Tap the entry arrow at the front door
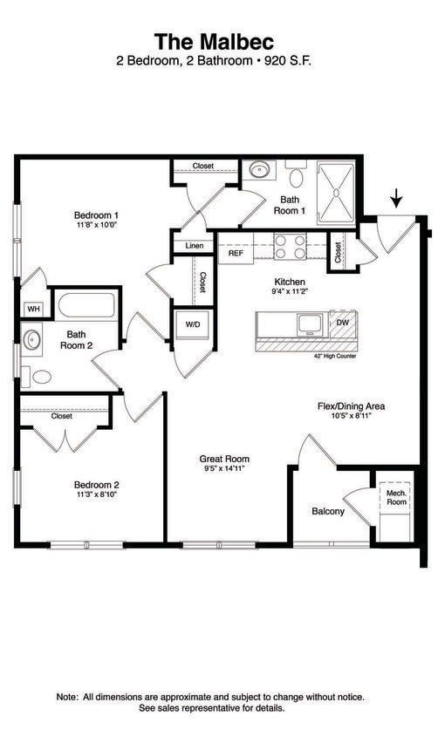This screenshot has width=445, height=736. [397, 200]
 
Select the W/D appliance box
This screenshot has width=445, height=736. [192, 324]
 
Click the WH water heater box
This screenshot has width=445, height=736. [34, 309]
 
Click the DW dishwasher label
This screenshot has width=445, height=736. [343, 323]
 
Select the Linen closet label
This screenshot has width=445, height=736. [195, 246]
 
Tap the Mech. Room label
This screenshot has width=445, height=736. [396, 497]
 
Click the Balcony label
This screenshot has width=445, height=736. [328, 511]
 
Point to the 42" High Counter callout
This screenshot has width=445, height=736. [335, 356]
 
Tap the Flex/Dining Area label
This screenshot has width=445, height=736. [350, 406]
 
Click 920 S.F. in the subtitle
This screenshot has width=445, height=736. [284, 61]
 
